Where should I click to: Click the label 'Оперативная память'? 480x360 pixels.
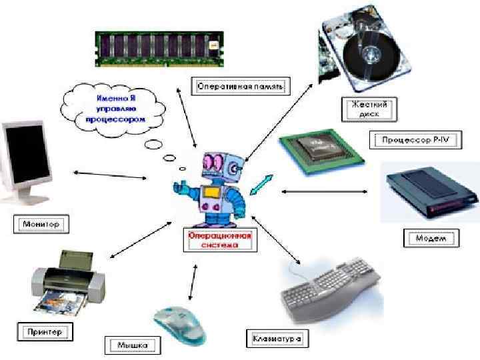241,85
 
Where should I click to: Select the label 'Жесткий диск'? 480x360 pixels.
364,109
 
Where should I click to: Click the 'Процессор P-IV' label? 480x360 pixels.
407,140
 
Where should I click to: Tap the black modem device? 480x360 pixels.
429,194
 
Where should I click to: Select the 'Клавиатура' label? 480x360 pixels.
277,339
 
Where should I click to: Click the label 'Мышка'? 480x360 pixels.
134,345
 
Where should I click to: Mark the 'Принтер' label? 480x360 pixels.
45,331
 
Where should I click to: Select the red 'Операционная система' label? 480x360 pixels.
219,239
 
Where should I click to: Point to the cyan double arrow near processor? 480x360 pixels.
261,183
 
